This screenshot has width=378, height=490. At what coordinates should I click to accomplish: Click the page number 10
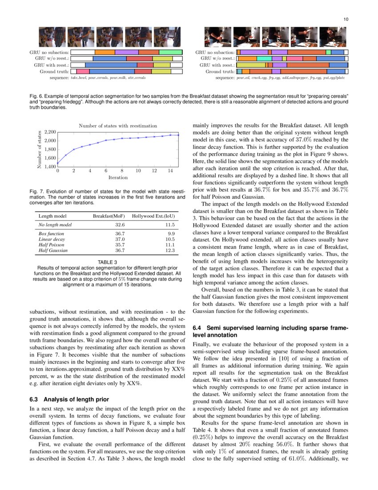[346, 19]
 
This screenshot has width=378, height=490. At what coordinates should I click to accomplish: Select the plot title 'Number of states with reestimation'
[118, 126]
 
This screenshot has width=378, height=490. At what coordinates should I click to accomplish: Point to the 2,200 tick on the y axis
[49, 132]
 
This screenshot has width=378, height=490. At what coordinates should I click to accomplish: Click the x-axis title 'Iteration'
[118, 177]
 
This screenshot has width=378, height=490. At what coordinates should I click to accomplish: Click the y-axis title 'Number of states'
[40, 149]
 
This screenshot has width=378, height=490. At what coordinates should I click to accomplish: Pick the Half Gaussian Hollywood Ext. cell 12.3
[169, 251]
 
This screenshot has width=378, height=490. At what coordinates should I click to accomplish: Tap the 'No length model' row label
[55, 225]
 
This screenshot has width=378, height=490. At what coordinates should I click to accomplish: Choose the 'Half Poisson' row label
[52, 245]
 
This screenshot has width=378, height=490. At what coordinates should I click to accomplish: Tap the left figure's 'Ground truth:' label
[54, 71]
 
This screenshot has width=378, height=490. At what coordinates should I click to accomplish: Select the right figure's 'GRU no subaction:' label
[214, 52]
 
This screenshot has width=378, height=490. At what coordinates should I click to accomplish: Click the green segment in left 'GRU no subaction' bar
[170, 52]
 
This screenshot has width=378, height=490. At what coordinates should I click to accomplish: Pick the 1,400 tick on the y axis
[49, 166]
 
